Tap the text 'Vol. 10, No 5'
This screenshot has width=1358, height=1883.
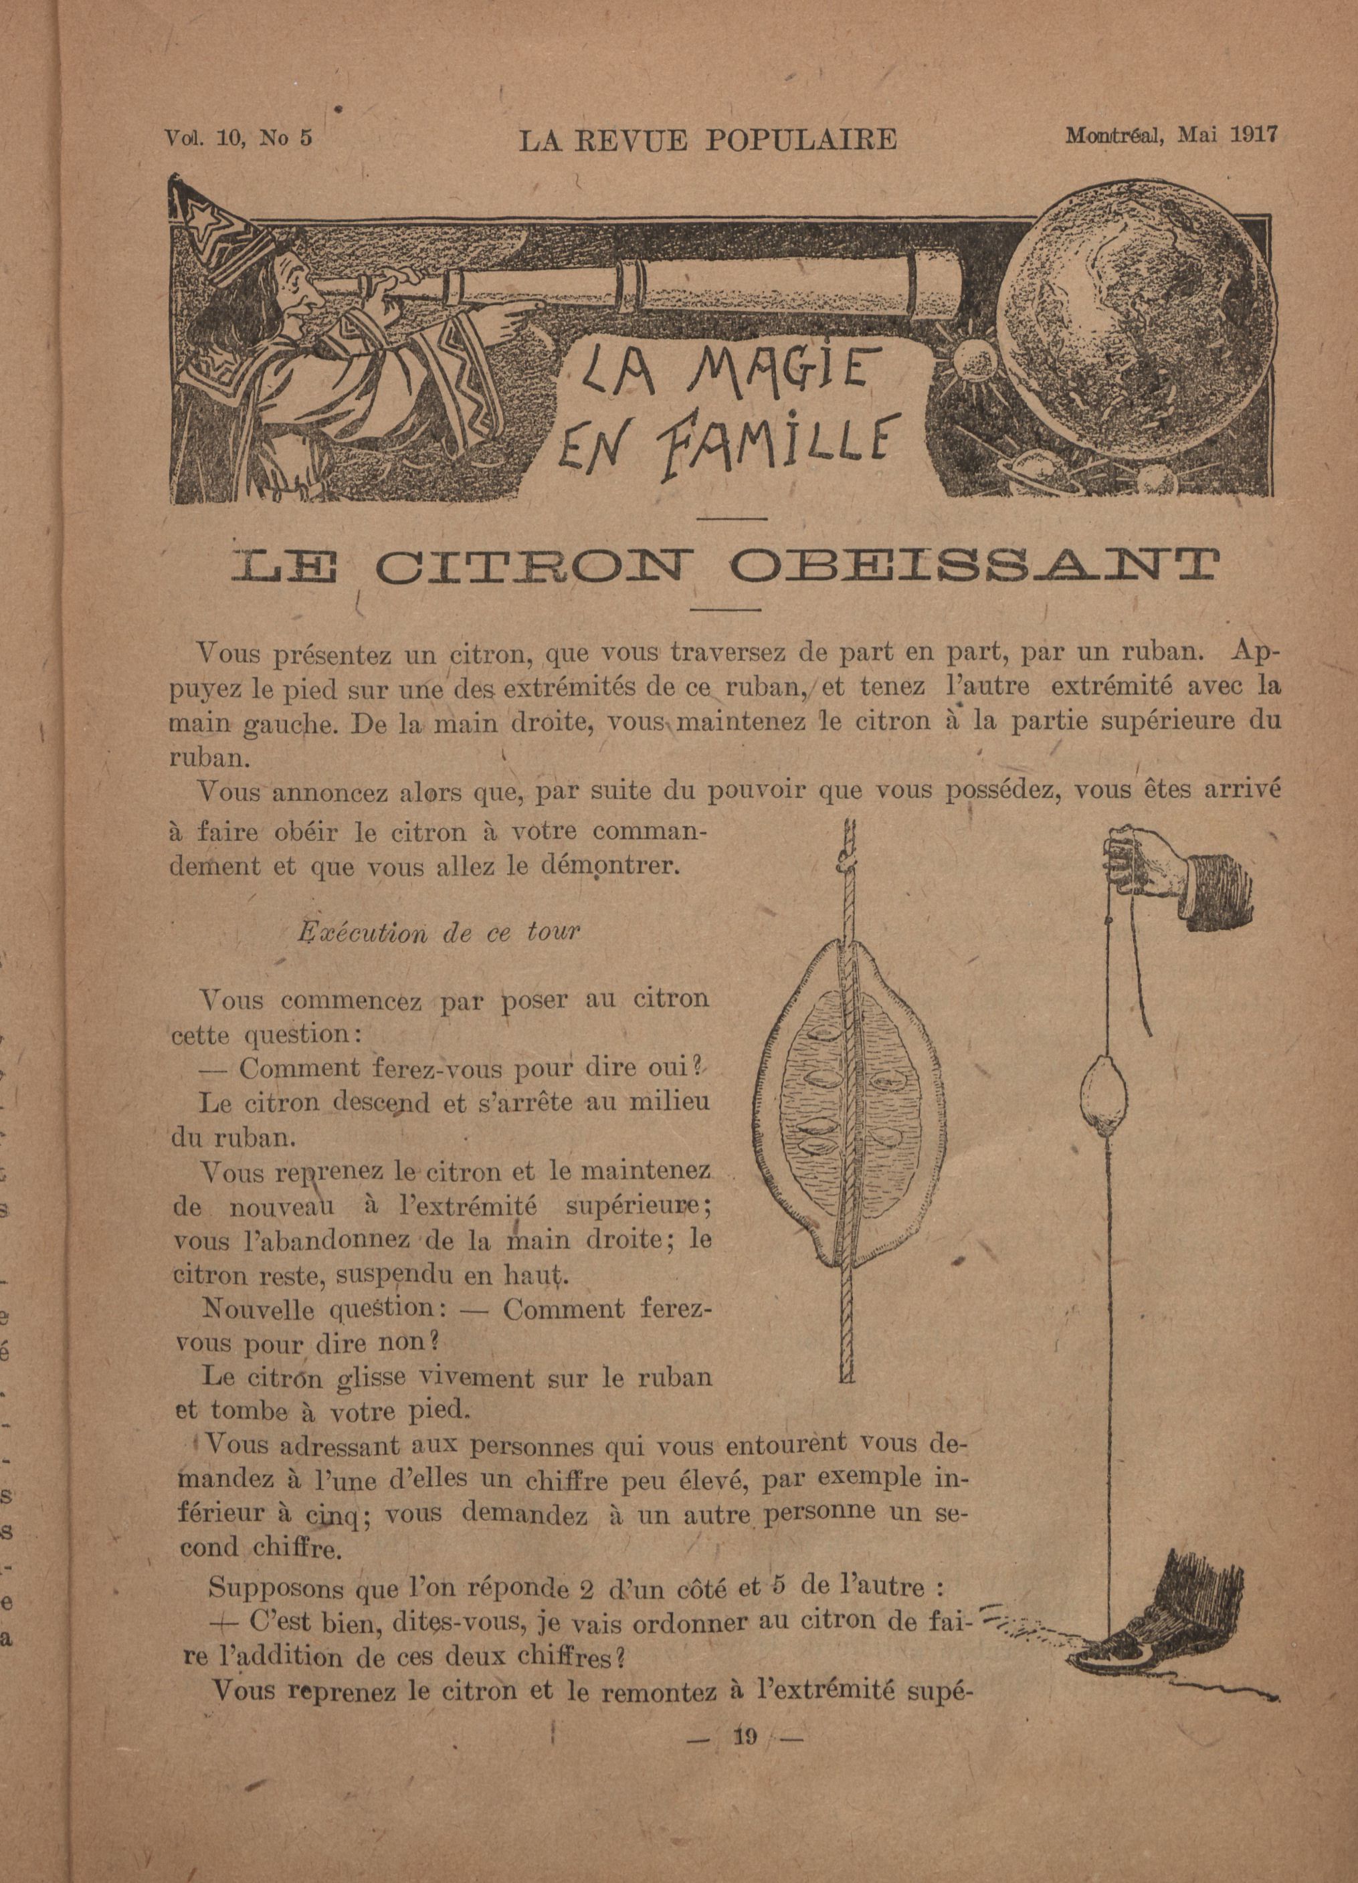[x=238, y=138]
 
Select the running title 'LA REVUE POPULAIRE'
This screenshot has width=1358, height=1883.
[x=707, y=140]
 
